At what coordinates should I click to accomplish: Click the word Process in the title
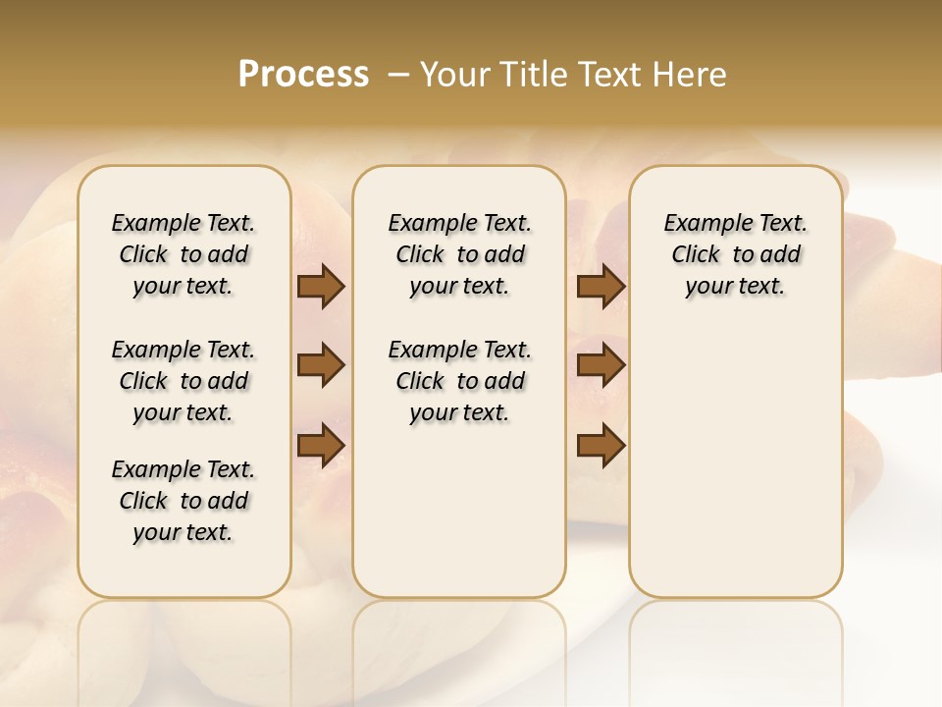click(x=303, y=74)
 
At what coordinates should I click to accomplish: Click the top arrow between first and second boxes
click(x=321, y=287)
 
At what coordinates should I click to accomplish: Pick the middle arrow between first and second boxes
click(x=321, y=366)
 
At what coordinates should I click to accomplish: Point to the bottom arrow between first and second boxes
click(x=321, y=445)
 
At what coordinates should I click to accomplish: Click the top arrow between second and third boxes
click(x=601, y=287)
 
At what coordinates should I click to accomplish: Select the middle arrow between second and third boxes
click(x=601, y=366)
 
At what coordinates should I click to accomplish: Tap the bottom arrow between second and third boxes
click(x=601, y=445)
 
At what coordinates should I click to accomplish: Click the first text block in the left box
click(x=183, y=254)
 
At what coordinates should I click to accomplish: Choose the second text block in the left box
click(x=183, y=381)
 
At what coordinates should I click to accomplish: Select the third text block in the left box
click(x=183, y=501)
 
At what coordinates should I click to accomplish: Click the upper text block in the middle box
click(x=459, y=254)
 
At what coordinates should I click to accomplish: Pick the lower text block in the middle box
click(x=459, y=381)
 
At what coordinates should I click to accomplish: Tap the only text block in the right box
click(x=735, y=254)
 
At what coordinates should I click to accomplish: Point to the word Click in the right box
click(x=696, y=254)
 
